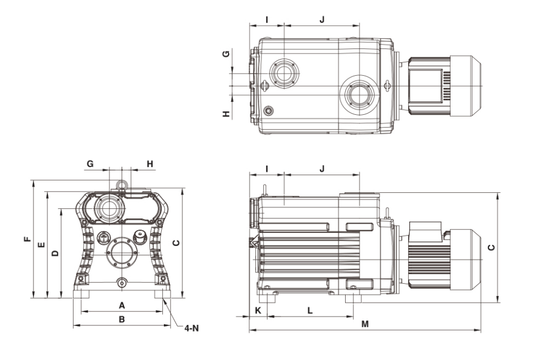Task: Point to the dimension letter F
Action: click(26, 239)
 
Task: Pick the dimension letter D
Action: click(54, 253)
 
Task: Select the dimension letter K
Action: click(258, 310)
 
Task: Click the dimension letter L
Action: click(309, 310)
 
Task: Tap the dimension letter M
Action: click(365, 324)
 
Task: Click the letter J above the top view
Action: click(322, 20)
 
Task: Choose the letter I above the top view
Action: click(267, 20)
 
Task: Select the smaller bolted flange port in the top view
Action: click(284, 72)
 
